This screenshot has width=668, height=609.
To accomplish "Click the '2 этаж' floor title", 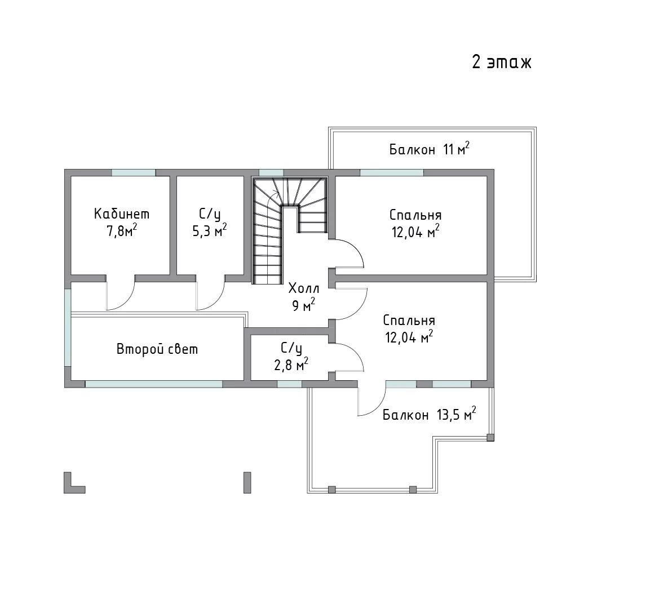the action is pos(502,62).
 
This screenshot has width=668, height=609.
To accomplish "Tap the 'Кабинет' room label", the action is pos(122,214).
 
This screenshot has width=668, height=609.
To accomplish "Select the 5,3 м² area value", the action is pos(209,230).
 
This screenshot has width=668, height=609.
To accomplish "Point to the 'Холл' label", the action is pos(304,288).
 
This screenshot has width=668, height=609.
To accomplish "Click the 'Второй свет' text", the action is pos(157,349).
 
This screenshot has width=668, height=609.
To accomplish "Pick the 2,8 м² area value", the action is pos(291,364).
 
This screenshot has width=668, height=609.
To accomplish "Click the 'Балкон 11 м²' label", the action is pos(430,149).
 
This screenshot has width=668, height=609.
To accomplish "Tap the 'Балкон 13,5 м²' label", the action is pos(430,415).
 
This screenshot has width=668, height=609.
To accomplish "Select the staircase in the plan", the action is pos(290,230).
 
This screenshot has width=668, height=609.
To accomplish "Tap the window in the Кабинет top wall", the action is pos(134,172).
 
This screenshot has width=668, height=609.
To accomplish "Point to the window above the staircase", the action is pos(271,172).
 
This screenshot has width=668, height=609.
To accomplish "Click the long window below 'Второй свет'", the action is pos(154,384).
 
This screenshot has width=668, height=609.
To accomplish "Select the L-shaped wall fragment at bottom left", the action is pos(71,486).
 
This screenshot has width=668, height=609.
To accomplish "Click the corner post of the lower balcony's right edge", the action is pos(490,437).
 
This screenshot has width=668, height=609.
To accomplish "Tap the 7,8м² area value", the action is pos(122,231).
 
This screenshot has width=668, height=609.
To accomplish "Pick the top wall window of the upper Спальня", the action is pos(392,172).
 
